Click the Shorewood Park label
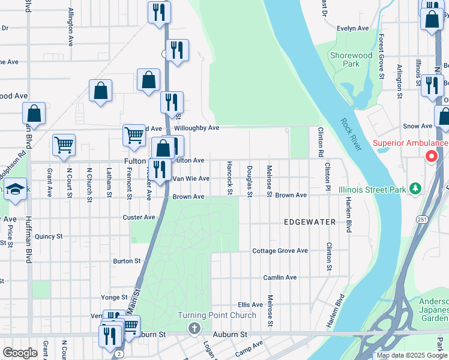tap(352, 59)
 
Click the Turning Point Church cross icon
tap(194, 328)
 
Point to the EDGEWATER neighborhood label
tap(310, 222)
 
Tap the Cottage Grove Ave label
tap(280, 251)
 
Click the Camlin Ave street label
tap(280, 278)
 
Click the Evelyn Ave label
tap(352, 28)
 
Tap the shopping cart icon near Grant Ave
tap(64, 145)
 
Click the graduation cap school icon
tap(15, 188)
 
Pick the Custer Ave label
tap(139, 217)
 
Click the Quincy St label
tap(49, 237)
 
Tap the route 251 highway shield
tap(418, 220)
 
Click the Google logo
tap(20, 352)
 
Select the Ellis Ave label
tap(250, 305)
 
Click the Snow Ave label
tap(418, 126)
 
